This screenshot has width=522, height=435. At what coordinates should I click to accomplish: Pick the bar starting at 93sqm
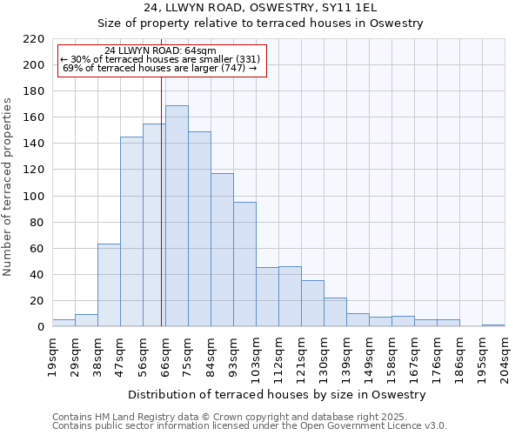244,264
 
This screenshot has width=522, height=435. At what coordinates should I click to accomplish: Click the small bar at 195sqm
493,325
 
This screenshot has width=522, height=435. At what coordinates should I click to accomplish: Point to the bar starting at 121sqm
312,304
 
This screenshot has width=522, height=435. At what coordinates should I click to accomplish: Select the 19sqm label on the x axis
52,353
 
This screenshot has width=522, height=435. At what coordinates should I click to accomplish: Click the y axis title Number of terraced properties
9,187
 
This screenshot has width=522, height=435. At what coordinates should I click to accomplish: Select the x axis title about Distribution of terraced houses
278,394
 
